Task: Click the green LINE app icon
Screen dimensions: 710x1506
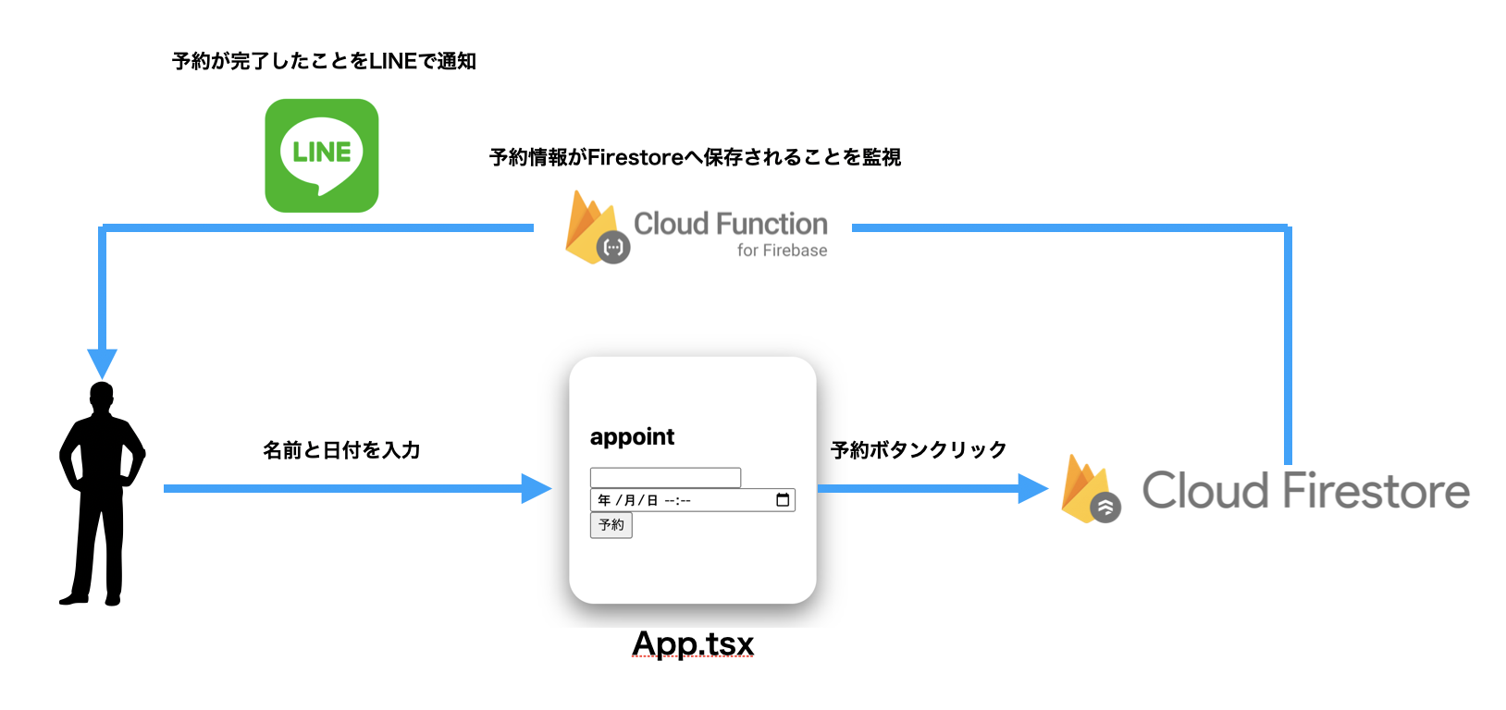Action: [x=321, y=155]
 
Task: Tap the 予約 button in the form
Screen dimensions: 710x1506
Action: [x=611, y=525]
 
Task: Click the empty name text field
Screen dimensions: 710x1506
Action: [x=665, y=477]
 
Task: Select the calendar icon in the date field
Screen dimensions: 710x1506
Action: [x=783, y=500]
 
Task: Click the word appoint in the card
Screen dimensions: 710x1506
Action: [x=632, y=437]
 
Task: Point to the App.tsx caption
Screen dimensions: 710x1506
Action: [x=693, y=643]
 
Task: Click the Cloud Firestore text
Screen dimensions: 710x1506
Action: [x=1304, y=491]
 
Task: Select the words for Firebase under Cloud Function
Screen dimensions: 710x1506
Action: [x=782, y=251]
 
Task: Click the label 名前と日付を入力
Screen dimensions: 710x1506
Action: [x=341, y=450]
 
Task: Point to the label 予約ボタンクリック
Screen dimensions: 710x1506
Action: [x=918, y=450]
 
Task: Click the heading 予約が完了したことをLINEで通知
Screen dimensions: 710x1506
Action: [x=324, y=62]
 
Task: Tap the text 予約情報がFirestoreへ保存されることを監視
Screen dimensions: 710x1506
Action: [x=695, y=158]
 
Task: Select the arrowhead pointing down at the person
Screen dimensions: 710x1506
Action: [x=102, y=361]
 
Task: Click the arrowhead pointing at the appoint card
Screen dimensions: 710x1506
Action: [x=536, y=488]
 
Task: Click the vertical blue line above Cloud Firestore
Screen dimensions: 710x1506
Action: [x=1288, y=351]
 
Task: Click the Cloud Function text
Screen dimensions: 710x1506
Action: [x=730, y=224]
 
